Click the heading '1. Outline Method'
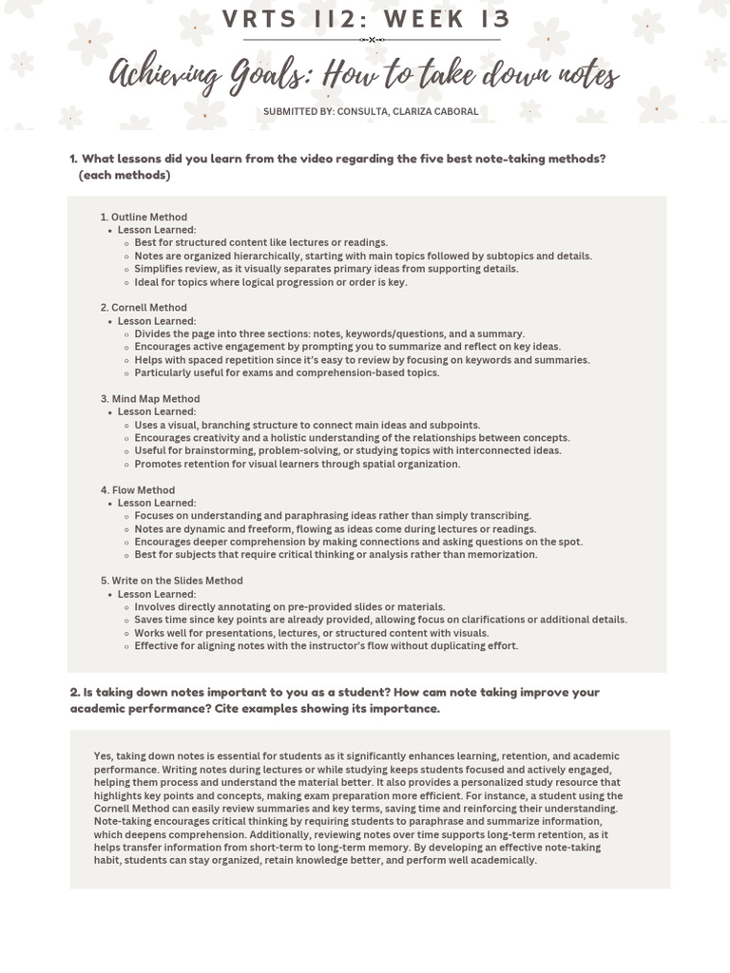[144, 218]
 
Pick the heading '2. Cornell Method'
[144, 308]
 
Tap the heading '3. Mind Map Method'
[150, 399]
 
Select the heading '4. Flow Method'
[138, 490]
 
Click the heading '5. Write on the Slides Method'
[171, 581]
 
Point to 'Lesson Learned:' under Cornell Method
[157, 321]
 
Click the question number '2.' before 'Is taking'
[75, 693]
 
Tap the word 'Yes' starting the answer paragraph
[103, 756]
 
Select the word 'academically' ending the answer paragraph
[505, 861]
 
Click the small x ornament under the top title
[372, 40]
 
